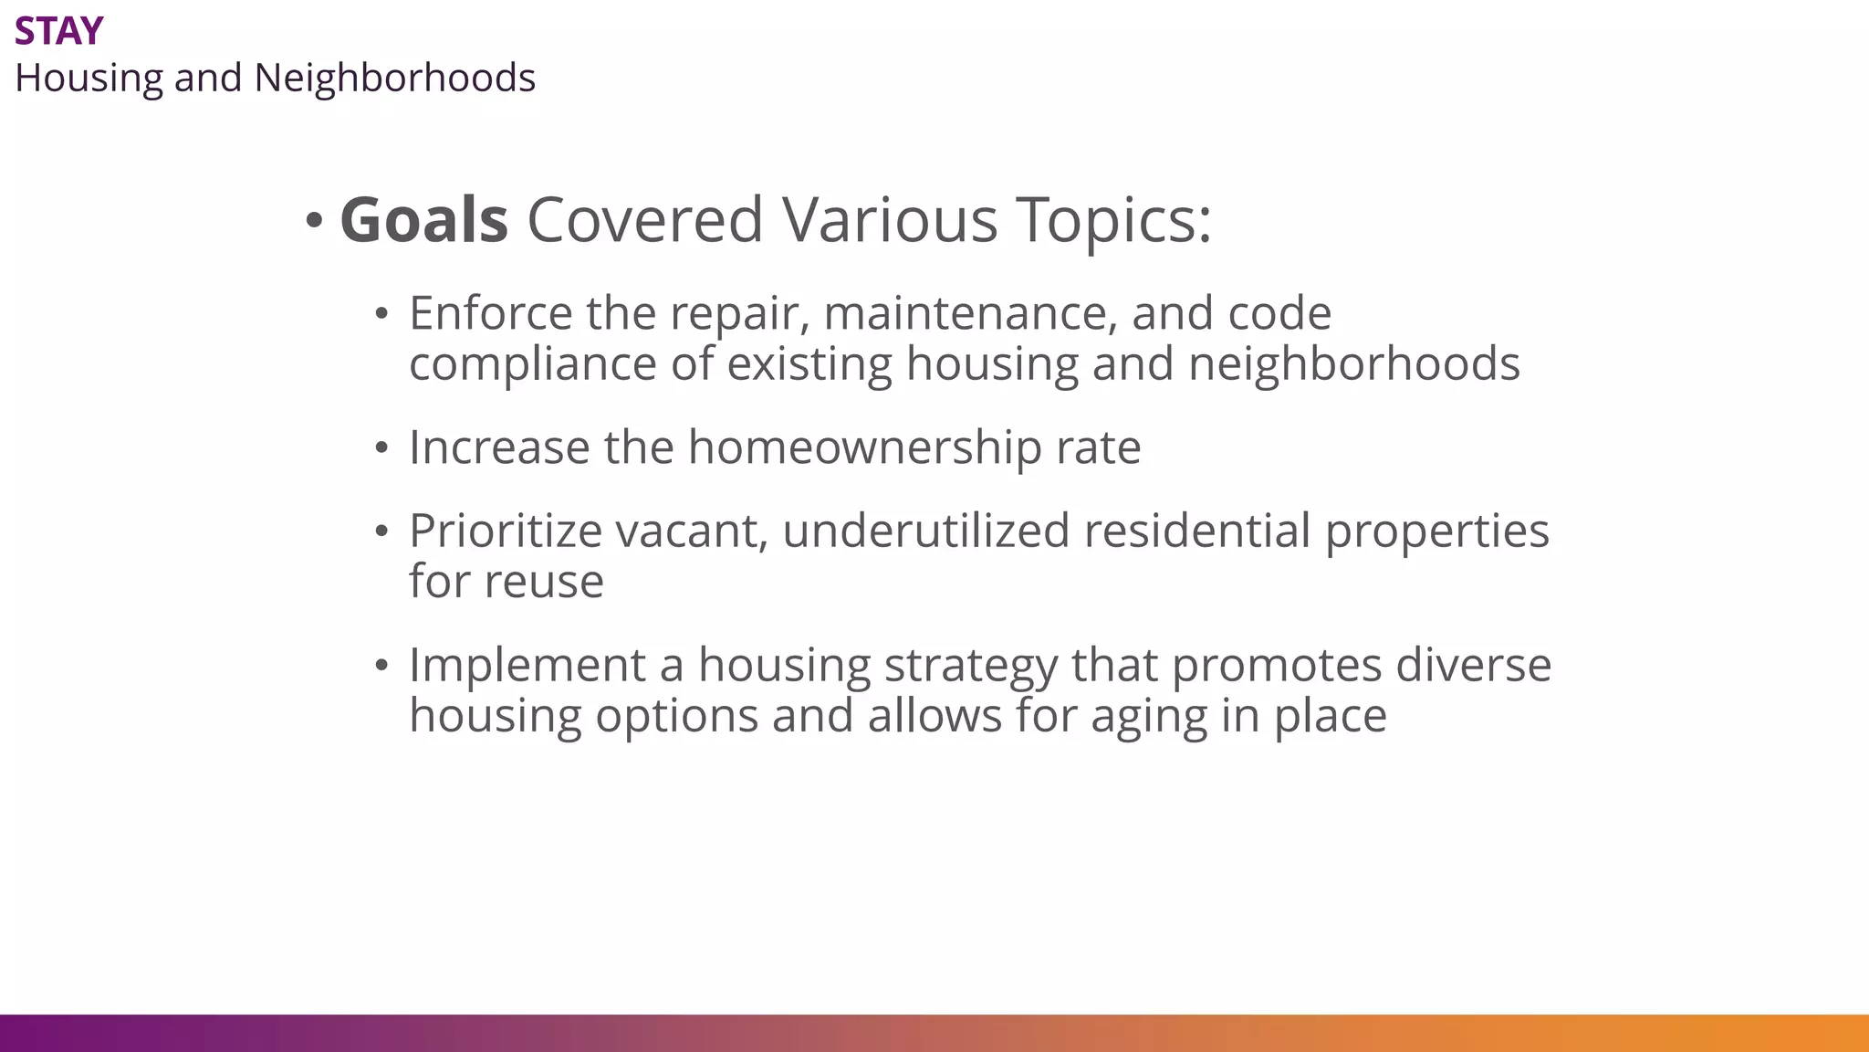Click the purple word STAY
(58, 32)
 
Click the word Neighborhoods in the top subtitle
(394, 78)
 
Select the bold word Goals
(423, 220)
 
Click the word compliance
(532, 363)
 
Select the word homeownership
(864, 447)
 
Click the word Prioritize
(505, 531)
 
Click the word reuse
(550, 581)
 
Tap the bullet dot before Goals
(314, 220)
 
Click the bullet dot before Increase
(381, 448)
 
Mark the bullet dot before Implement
(381, 666)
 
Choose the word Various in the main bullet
(890, 220)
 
